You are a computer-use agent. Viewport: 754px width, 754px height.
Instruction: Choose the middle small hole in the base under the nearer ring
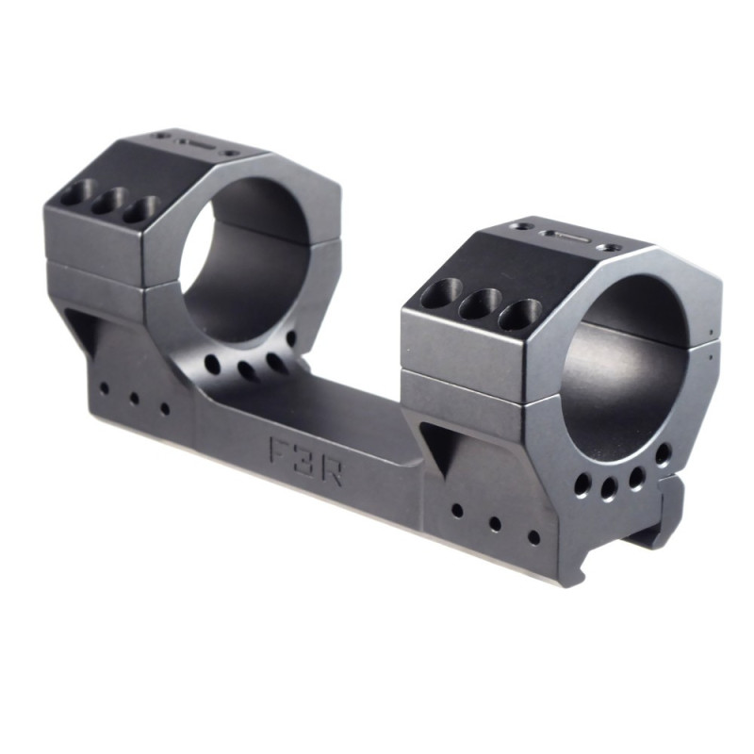click(x=494, y=523)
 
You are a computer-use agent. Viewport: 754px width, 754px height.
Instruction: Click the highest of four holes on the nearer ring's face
click(x=664, y=455)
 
